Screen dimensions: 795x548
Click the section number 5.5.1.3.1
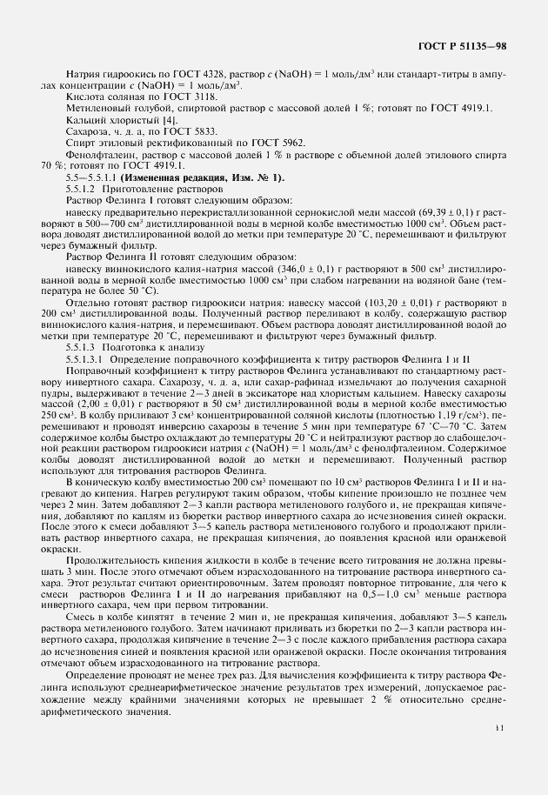click(86, 334)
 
